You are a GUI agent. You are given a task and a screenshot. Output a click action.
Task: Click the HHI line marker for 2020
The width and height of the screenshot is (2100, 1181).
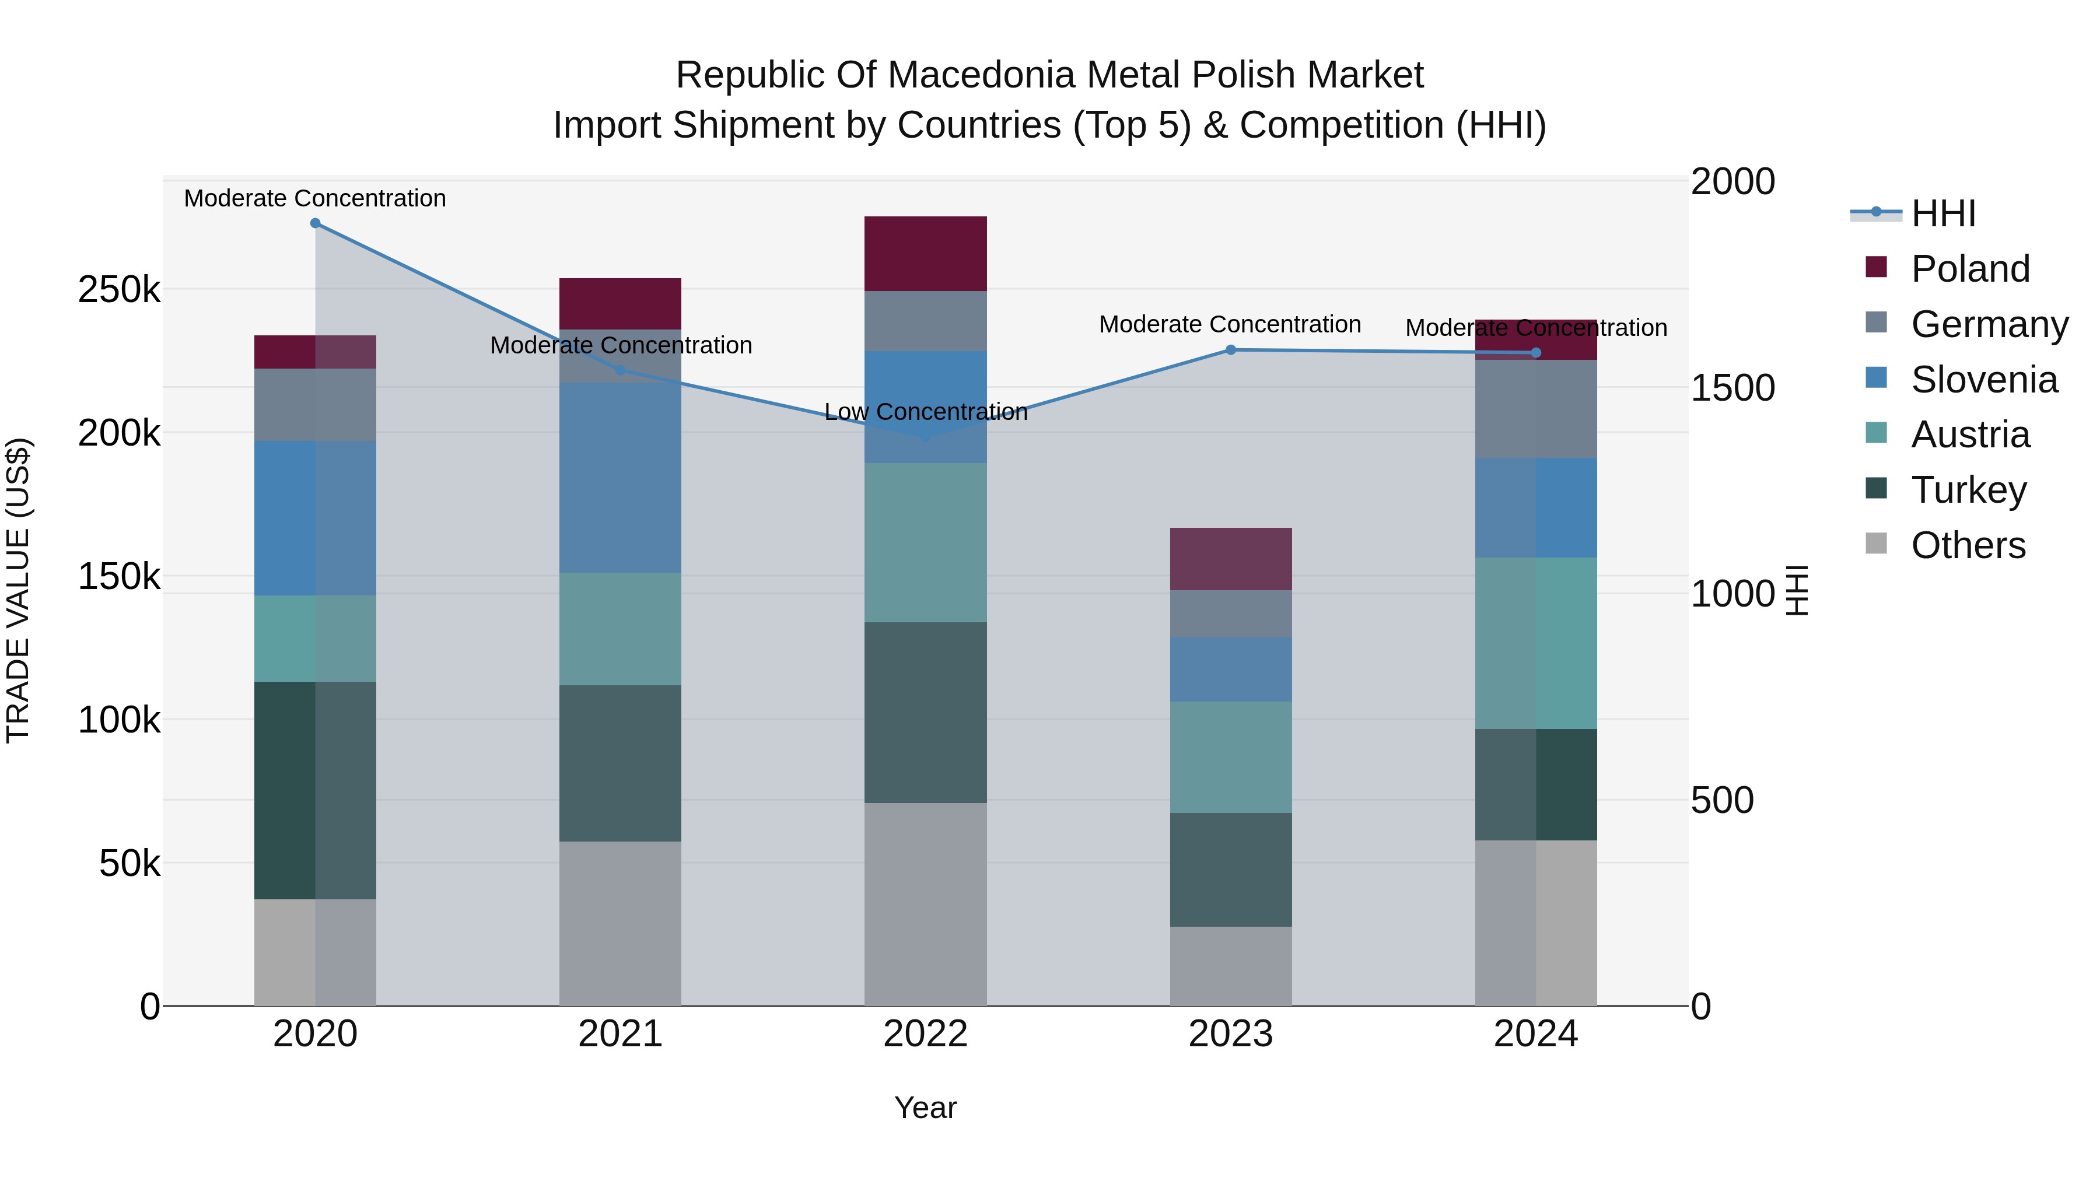click(316, 223)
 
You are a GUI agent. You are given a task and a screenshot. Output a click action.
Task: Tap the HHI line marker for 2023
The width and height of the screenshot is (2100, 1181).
click(1231, 350)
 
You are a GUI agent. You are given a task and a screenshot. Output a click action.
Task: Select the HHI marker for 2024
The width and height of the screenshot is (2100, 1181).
click(1536, 353)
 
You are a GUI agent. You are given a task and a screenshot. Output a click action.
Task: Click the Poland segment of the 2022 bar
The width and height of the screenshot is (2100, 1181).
click(925, 254)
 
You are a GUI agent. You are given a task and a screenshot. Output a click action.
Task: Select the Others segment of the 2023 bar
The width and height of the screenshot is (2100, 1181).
click(1231, 966)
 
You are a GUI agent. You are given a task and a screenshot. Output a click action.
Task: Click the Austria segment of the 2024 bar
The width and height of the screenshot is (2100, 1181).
click(1536, 643)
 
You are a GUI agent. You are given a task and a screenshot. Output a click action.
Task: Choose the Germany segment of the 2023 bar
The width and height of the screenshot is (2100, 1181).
click(1231, 613)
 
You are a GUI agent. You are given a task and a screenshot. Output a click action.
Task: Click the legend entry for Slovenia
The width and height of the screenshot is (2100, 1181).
click(1983, 380)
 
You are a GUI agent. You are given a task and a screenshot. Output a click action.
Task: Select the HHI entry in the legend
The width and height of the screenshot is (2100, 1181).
click(1943, 213)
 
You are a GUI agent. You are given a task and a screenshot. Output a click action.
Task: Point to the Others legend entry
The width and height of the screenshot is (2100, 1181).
click(1967, 545)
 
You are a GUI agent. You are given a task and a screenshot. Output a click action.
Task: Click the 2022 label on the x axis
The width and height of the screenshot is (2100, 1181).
click(925, 1034)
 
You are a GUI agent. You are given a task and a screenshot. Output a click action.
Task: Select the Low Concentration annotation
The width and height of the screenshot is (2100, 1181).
click(925, 412)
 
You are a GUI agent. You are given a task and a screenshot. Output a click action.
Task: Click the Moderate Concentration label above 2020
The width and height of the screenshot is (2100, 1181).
click(316, 198)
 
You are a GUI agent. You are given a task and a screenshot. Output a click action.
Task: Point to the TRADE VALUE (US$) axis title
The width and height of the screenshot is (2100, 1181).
click(18, 590)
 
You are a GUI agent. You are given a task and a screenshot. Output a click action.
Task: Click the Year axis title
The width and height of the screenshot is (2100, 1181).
click(925, 1108)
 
